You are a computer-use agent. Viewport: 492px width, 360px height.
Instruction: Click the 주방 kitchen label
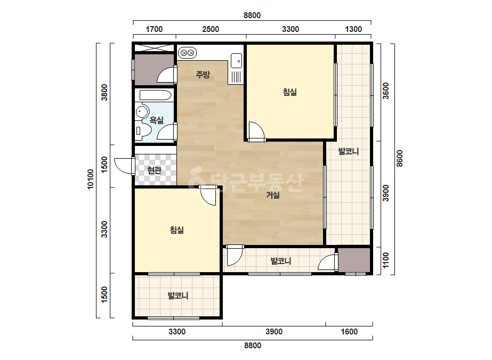pyautogui.click(x=203, y=75)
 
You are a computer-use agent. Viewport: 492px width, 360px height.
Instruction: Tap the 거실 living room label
pyautogui.click(x=273, y=195)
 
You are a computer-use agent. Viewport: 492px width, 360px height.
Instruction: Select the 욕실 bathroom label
pyautogui.click(x=157, y=120)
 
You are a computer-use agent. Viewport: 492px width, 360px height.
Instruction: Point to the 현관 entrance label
pyautogui.click(x=155, y=170)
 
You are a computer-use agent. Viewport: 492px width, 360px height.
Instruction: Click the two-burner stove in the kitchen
pyautogui.click(x=187, y=52)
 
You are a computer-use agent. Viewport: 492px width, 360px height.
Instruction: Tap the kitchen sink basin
pyautogui.click(x=236, y=61)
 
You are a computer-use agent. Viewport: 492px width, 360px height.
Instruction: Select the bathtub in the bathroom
pyautogui.click(x=155, y=95)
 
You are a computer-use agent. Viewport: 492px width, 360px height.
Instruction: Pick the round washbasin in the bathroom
pyautogui.click(x=142, y=112)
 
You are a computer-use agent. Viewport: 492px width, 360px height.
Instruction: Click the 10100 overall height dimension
pyautogui.click(x=91, y=179)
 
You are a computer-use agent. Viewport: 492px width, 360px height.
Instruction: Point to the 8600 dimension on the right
pyautogui.click(x=399, y=158)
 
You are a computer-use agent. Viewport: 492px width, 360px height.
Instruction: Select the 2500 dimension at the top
pyautogui.click(x=211, y=29)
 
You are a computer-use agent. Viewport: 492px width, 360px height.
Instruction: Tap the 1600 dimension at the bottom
pyautogui.click(x=349, y=331)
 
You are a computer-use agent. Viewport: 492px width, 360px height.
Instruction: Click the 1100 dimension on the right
pyautogui.click(x=385, y=260)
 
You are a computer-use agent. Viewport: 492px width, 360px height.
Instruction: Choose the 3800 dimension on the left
pyautogui.click(x=104, y=92)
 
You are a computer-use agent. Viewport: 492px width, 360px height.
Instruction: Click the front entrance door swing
pyautogui.click(x=124, y=166)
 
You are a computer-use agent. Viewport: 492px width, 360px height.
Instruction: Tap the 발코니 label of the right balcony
pyautogui.click(x=348, y=151)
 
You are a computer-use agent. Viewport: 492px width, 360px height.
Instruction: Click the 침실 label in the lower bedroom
pyautogui.click(x=176, y=230)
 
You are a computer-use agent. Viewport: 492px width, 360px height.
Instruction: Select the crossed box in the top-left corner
pyautogui.click(x=154, y=48)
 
